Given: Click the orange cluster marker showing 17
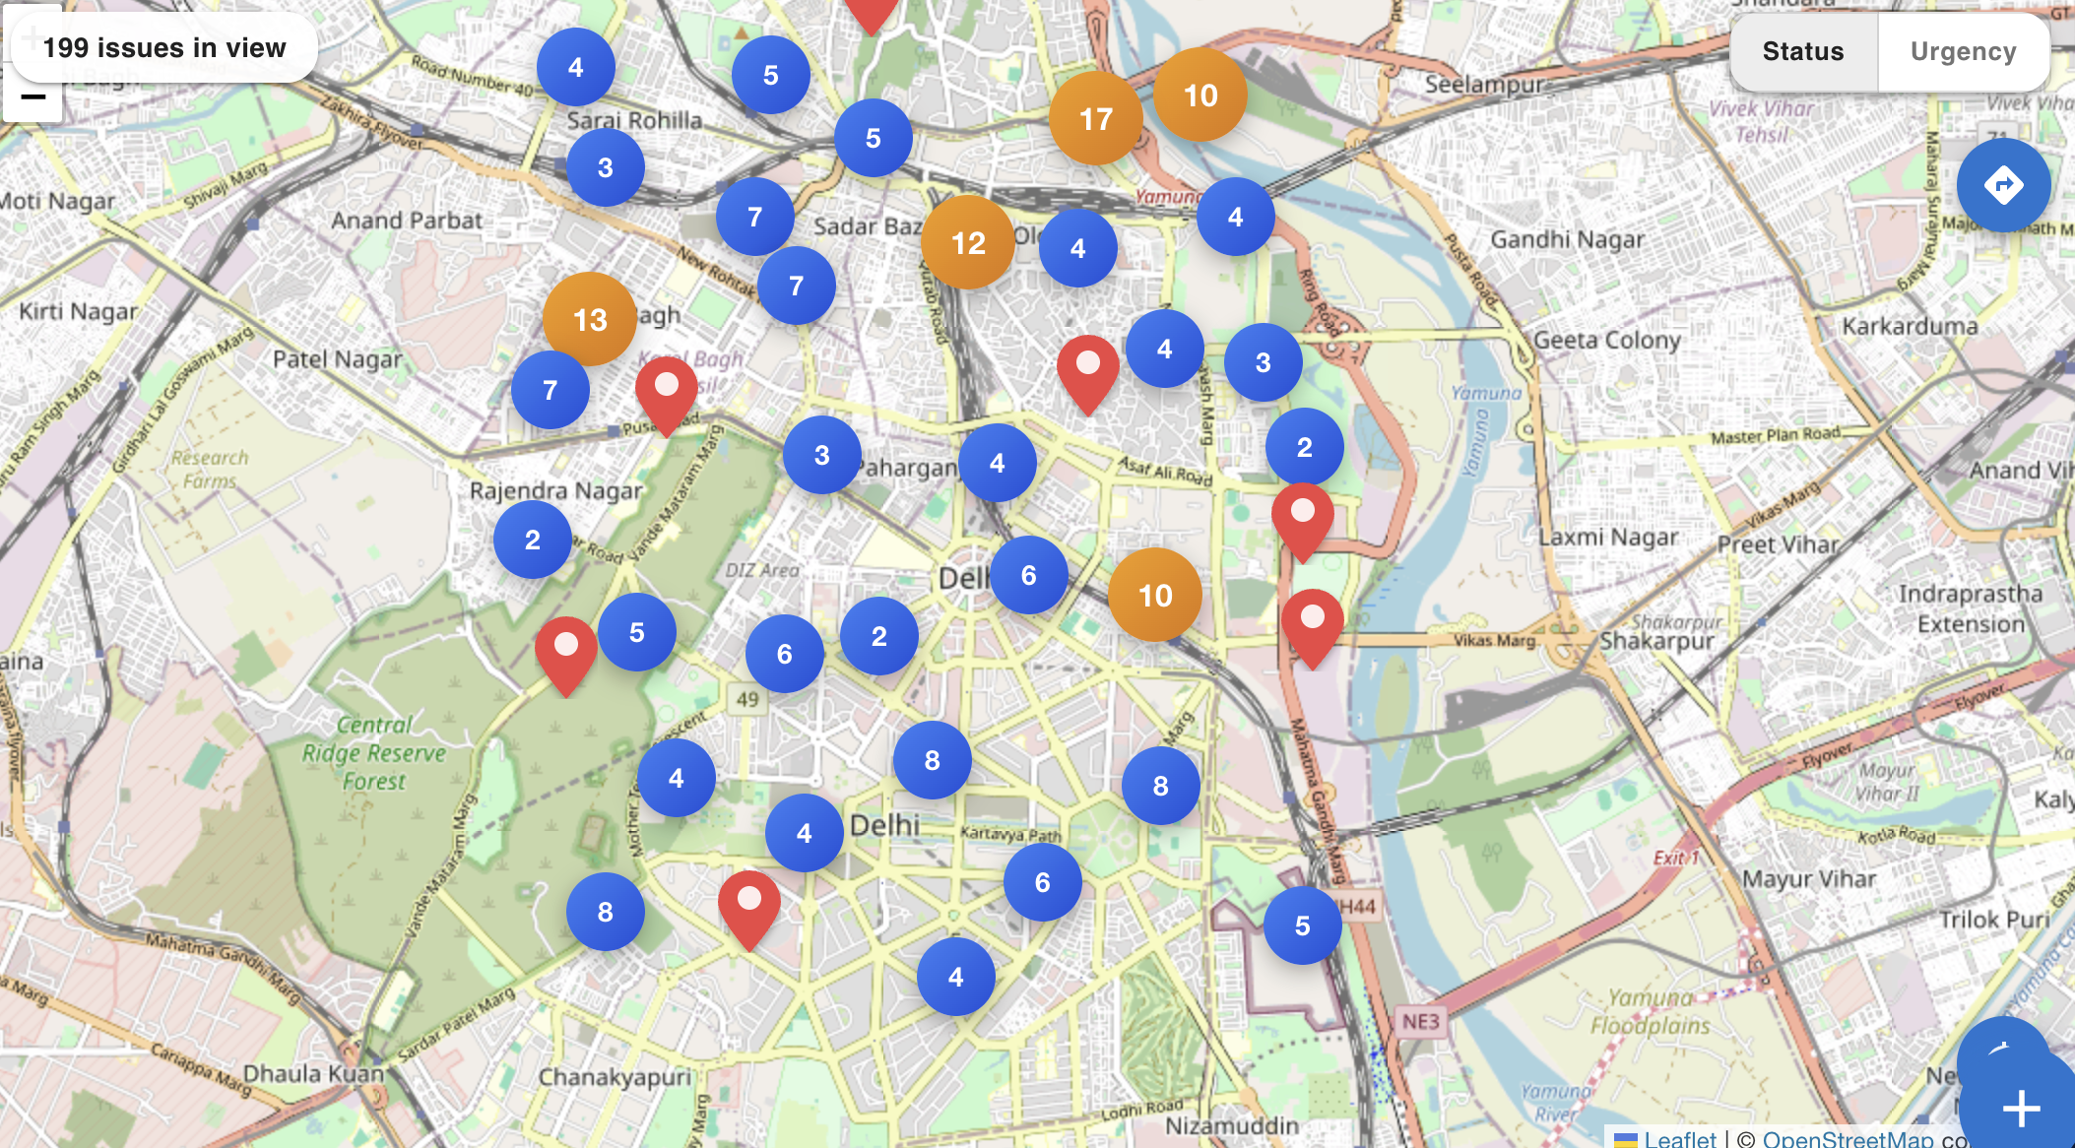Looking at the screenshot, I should (x=1095, y=119).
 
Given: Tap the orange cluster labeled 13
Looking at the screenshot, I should (x=590, y=319).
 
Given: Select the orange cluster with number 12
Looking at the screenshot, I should (x=968, y=242).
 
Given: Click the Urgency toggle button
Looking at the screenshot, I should (x=1963, y=51).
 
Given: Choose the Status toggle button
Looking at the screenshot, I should (x=1802, y=51).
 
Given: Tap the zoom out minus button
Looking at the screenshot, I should (x=32, y=97).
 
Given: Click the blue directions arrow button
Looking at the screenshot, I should (x=2003, y=185).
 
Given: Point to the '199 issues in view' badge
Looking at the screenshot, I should (x=164, y=47).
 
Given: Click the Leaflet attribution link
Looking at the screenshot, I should (x=1679, y=1137).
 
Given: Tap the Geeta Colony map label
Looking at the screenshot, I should (x=1606, y=341).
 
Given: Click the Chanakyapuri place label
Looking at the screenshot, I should (x=615, y=1077).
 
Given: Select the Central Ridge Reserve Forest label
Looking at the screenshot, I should (x=373, y=753).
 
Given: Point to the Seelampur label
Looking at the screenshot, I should (x=1483, y=85).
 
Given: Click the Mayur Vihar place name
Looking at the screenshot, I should (x=1808, y=878).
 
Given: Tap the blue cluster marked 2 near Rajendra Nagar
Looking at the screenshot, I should (x=533, y=540).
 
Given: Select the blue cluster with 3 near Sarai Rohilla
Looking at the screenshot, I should (x=605, y=167).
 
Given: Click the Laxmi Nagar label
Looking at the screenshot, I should (x=1607, y=538).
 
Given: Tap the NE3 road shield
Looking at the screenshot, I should (x=1420, y=1021).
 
